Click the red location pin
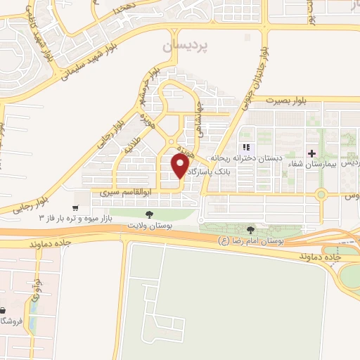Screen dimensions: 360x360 181,167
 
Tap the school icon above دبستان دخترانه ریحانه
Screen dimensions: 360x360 246,148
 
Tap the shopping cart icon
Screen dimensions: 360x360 75,208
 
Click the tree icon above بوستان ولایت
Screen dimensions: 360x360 148,214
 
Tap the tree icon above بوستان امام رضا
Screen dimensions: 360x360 252,229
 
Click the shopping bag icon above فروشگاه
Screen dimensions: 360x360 4,310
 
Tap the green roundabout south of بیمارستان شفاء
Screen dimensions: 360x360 321,194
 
